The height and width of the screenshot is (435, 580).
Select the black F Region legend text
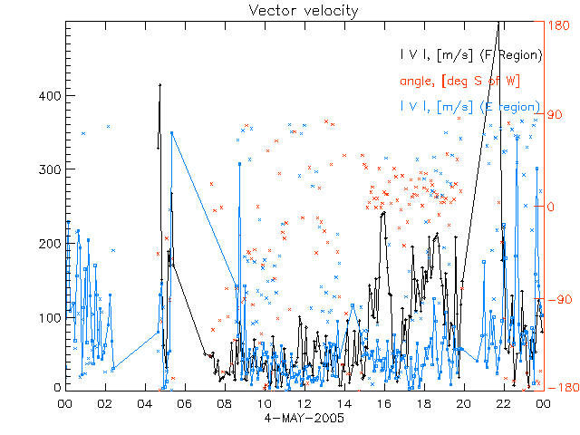pos(471,56)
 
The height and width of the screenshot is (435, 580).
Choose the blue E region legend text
pos(471,108)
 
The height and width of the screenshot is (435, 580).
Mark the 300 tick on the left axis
pos(50,169)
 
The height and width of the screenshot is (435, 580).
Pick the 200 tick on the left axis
pos(50,244)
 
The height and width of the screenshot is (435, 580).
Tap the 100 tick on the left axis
pos(50,317)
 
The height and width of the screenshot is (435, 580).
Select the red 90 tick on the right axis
pos(555,116)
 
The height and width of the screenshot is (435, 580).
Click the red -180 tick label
pos(559,388)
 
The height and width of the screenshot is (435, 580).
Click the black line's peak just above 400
pos(159,85)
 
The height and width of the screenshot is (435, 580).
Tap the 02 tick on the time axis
pos(105,403)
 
